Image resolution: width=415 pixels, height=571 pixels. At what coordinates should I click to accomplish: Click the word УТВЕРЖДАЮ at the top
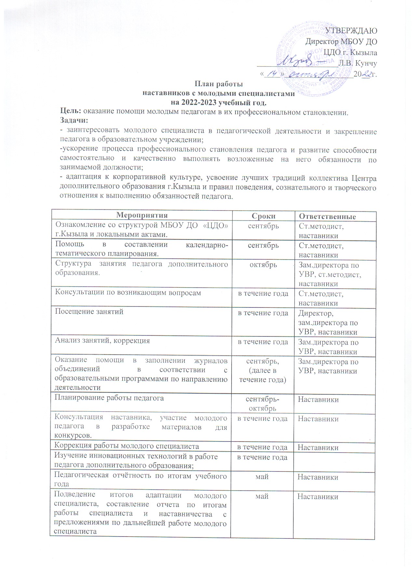[352, 31]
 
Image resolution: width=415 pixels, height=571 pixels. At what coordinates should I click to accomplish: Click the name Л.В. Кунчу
[357, 63]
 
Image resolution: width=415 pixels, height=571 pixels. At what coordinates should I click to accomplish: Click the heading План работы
[219, 84]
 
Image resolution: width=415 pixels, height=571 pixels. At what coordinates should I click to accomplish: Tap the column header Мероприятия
[142, 216]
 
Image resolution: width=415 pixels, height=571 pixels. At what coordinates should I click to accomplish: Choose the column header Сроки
[263, 216]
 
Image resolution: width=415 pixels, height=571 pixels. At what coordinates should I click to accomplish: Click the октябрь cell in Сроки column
[263, 265]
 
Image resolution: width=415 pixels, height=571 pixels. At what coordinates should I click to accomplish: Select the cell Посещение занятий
[89, 311]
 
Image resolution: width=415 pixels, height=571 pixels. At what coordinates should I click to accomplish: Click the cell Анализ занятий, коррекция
[102, 341]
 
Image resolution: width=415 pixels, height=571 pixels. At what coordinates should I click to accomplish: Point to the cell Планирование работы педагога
[109, 398]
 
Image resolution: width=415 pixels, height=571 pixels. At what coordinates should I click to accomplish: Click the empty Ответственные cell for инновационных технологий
[334, 461]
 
